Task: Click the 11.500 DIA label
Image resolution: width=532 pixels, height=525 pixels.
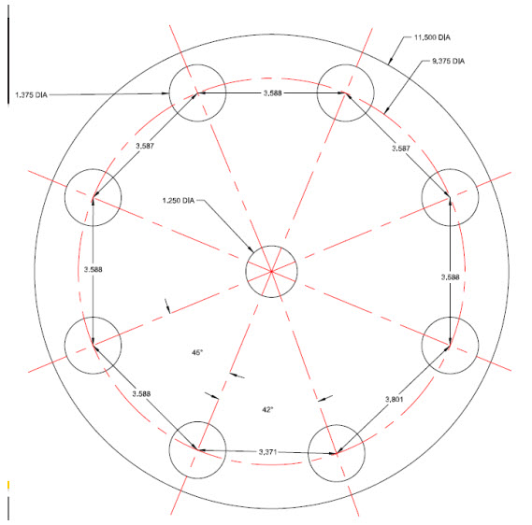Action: [x=432, y=37]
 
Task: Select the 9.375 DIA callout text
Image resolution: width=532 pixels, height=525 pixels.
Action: [x=448, y=61]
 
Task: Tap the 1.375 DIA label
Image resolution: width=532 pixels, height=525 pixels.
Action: [x=31, y=95]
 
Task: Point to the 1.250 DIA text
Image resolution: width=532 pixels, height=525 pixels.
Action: [x=179, y=201]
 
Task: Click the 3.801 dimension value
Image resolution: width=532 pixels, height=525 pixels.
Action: [x=395, y=399]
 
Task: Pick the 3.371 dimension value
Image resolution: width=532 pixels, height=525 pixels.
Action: [x=268, y=452]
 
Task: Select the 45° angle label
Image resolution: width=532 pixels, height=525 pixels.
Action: [x=197, y=353]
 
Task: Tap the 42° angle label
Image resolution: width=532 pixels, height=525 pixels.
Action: [x=267, y=410]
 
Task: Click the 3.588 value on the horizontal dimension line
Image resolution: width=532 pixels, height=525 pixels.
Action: [x=272, y=92]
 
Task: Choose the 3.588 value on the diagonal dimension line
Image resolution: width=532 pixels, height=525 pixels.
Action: [x=141, y=394]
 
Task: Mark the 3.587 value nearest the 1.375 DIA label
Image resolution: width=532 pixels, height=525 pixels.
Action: [x=145, y=146]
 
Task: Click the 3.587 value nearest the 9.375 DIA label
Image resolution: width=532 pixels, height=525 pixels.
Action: [x=401, y=149]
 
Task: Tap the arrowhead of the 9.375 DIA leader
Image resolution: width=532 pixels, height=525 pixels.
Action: [x=385, y=112]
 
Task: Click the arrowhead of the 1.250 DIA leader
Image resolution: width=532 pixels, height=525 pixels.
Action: [x=252, y=249]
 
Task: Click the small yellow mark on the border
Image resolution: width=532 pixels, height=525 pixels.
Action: [x=8, y=486]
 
